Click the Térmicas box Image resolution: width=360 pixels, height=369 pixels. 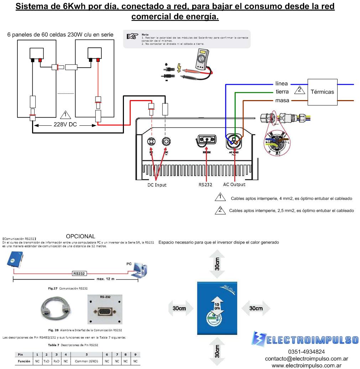pos(322,92)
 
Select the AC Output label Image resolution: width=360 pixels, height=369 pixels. pos(234,184)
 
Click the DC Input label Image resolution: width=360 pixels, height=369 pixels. pos(157,185)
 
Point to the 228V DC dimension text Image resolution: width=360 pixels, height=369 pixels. pos(66,125)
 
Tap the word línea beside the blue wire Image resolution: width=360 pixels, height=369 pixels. pos(281,84)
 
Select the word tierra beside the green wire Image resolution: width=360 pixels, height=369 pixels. pos(282,92)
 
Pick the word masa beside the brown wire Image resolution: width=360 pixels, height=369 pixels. pos(282,100)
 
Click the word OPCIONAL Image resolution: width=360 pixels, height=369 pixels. pos(80,237)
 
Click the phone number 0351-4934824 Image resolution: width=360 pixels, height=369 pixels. pos(307,352)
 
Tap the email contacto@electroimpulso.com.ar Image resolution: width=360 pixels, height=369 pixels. pos(307,358)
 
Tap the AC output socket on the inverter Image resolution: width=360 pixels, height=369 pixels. pos(234,141)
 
